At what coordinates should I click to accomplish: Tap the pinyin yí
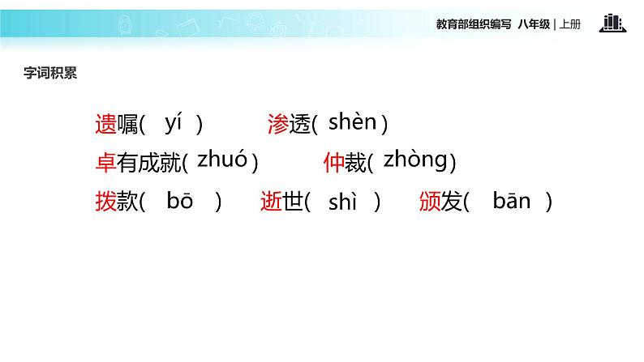click(x=174, y=123)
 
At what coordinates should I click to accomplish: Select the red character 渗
click(x=278, y=125)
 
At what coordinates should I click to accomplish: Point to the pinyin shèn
click(x=352, y=122)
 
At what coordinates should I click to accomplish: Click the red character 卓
click(x=105, y=164)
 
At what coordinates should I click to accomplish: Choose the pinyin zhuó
click(x=221, y=160)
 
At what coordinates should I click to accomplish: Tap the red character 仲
click(x=333, y=164)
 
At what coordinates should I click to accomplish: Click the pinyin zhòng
click(x=414, y=160)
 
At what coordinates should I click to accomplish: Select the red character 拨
click(x=105, y=202)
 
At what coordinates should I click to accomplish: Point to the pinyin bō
click(x=179, y=202)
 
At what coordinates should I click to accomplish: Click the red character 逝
click(x=271, y=202)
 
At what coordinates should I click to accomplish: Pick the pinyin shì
click(x=342, y=202)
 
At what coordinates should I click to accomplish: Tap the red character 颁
click(x=430, y=202)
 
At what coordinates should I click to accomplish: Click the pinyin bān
click(x=511, y=202)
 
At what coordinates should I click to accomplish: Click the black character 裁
click(x=355, y=164)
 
